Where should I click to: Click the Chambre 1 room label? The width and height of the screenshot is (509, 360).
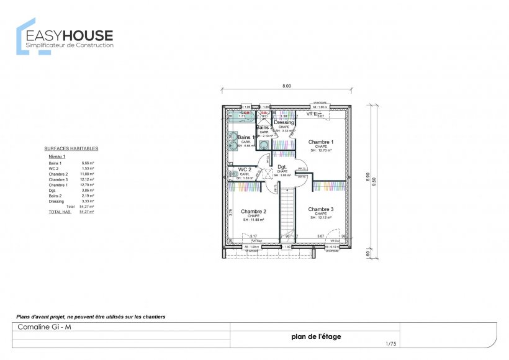(x=320, y=142)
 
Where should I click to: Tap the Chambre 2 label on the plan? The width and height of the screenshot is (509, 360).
(x=253, y=211)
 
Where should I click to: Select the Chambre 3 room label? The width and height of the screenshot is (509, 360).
(x=320, y=209)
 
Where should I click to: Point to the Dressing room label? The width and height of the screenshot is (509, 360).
(x=284, y=123)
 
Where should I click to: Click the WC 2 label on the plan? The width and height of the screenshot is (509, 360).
(x=244, y=169)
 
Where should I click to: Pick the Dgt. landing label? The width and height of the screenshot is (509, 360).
(x=281, y=167)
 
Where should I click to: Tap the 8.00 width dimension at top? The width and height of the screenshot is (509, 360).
(x=287, y=86)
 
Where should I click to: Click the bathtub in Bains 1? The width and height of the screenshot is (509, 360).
(x=242, y=116)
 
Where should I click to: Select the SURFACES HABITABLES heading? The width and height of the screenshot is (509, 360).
(x=71, y=149)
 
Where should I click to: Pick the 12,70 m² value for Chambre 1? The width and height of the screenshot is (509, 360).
(x=88, y=185)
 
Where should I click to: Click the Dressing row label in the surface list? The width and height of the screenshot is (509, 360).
(x=56, y=201)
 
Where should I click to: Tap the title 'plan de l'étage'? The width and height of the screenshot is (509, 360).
(x=315, y=337)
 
